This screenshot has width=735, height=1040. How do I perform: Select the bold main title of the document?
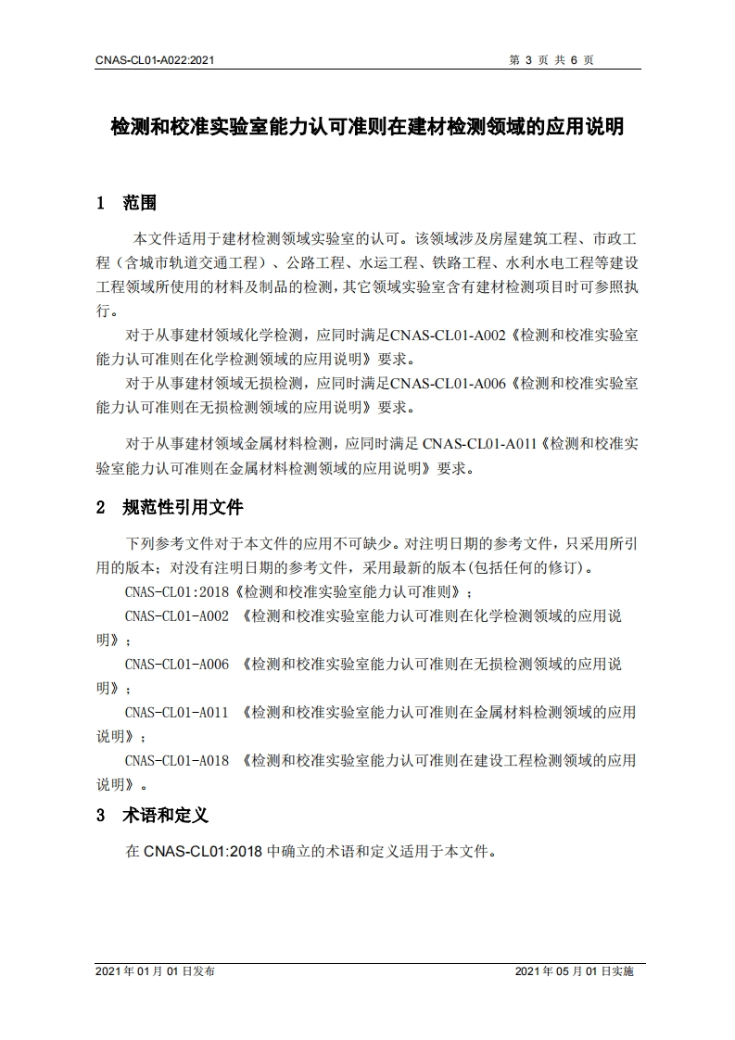tap(367, 126)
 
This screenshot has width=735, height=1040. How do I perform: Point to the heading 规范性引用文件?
tap(183, 507)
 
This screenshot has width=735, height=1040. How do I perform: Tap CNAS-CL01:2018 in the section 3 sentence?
tap(204, 850)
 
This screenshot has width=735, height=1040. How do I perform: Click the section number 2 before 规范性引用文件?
tap(100, 508)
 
